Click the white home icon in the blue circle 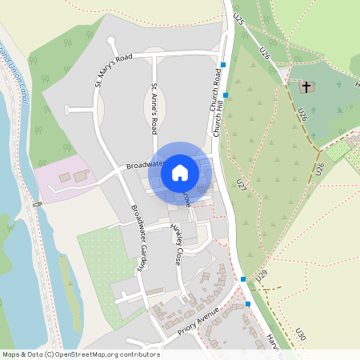(x=180, y=172)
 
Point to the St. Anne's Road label (x=154, y=108)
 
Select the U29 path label (x=261, y=275)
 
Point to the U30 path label (x=300, y=335)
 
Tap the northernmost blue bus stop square (x=224, y=64)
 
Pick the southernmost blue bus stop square (x=249, y=304)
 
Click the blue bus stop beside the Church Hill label (x=226, y=95)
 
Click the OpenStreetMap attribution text (x=80, y=354)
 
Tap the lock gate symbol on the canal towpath (x=38, y=204)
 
